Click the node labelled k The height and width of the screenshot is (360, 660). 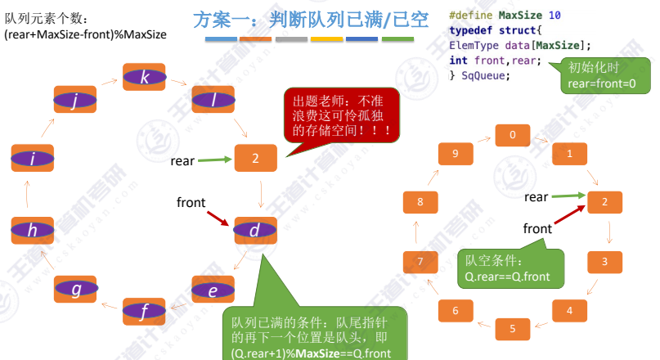click(145, 78)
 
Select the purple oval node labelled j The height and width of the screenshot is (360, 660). click(74, 101)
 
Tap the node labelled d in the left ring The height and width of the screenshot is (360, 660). click(255, 231)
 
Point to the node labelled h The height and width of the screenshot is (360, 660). click(32, 231)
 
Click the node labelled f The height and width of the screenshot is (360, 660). click(145, 311)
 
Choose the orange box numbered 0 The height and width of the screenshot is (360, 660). click(513, 134)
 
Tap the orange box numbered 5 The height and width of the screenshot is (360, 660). click(513, 328)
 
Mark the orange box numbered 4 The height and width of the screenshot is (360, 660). click(570, 310)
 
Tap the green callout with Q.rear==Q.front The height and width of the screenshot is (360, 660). click(507, 268)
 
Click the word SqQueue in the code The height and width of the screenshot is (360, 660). click(485, 75)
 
